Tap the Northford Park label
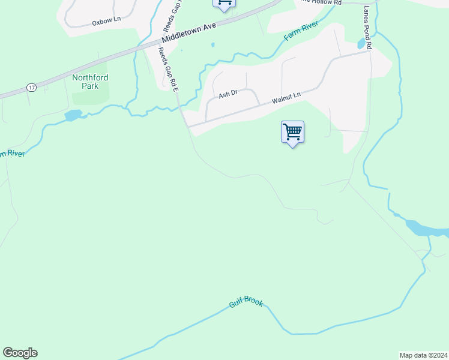(89, 82)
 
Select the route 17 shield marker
(31, 88)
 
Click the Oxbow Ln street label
(106, 20)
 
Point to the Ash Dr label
(228, 94)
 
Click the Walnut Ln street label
(285, 98)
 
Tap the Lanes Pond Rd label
(368, 28)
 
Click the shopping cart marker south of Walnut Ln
(292, 132)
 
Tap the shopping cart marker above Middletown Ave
(224, 4)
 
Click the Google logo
(20, 353)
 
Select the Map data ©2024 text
(423, 355)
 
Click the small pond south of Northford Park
(73, 115)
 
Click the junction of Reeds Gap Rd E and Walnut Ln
(187, 127)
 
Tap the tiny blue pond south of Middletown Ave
(212, 45)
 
